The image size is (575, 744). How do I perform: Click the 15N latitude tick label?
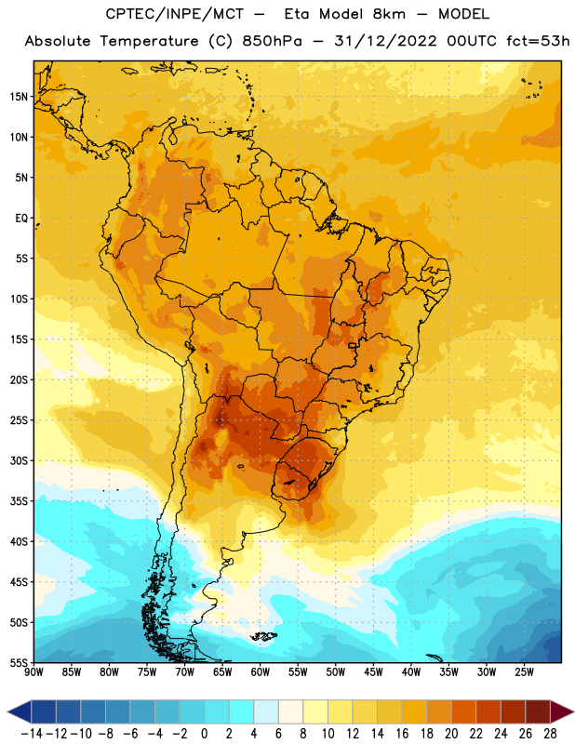[x=19, y=97]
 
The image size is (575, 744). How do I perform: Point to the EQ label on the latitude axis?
[x=21, y=219]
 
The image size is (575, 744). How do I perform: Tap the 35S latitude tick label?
[x=19, y=501]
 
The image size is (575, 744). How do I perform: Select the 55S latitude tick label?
[x=19, y=663]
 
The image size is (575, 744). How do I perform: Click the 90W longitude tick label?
[x=33, y=672]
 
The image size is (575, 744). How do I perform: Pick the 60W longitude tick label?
[x=261, y=672]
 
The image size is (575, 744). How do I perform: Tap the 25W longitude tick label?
[x=524, y=672]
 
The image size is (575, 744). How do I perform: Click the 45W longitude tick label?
[x=374, y=672]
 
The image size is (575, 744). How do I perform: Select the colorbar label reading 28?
[x=550, y=734]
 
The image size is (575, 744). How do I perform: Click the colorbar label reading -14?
[x=32, y=734]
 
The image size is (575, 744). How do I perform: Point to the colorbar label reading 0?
[x=205, y=734]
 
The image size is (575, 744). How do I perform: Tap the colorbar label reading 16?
[x=402, y=734]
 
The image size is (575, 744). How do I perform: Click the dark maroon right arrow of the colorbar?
[x=561, y=711]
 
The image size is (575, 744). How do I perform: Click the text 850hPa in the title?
[x=272, y=41]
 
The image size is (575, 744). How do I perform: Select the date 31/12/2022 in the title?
[x=385, y=41]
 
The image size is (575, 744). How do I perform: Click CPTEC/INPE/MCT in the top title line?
[x=174, y=14]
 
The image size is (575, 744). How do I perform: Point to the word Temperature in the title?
[x=149, y=42]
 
